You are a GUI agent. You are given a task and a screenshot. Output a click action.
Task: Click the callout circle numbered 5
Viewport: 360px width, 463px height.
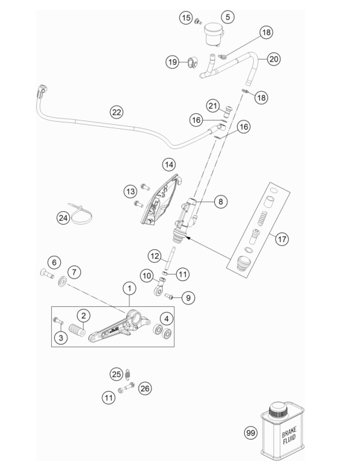tap(228, 17)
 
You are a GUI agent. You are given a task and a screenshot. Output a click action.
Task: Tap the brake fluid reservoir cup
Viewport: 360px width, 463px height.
tap(214, 34)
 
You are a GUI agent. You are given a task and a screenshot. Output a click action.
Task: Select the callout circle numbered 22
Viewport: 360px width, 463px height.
tap(117, 112)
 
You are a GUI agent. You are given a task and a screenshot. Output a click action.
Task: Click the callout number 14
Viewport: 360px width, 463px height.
tap(169, 164)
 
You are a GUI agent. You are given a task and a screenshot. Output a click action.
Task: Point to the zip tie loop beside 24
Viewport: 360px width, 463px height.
tap(79, 215)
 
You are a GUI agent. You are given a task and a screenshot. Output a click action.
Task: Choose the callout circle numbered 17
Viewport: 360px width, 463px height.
tap(282, 238)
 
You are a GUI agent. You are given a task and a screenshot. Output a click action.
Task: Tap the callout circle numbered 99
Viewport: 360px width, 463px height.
tap(251, 433)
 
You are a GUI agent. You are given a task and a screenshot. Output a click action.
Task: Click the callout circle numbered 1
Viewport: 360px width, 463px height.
tap(129, 288)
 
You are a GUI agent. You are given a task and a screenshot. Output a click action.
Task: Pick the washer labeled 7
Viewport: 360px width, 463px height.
tap(62, 282)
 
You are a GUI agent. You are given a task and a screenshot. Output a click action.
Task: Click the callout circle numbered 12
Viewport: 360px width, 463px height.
tap(155, 256)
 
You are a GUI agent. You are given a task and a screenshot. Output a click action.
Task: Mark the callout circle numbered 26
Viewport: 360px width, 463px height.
tap(145, 389)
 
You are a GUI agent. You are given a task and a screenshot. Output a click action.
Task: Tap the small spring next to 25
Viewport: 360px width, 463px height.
tap(128, 374)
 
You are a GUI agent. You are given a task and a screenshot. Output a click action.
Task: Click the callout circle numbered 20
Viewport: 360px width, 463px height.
tap(274, 59)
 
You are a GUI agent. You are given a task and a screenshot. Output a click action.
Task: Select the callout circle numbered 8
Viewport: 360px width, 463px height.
tap(221, 201)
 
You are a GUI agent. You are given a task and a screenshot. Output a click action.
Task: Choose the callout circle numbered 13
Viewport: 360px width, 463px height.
tap(131, 191)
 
